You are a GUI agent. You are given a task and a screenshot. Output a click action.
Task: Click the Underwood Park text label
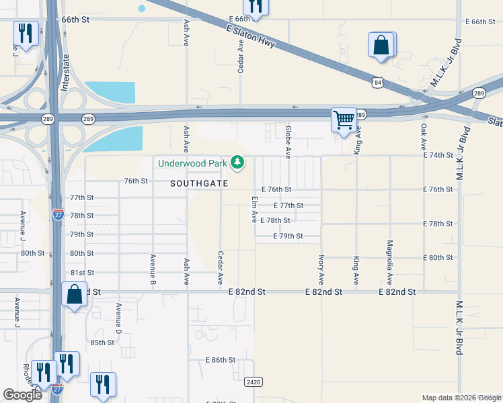pyautogui.click(x=193, y=163)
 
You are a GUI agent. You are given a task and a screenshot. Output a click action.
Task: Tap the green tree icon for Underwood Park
pyautogui.click(x=237, y=162)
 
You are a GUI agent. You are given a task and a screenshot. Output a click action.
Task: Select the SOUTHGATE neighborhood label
pyautogui.click(x=199, y=183)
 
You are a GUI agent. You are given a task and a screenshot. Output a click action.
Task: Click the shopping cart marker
pyautogui.click(x=344, y=121)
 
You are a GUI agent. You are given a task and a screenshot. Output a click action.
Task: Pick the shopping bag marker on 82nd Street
pyautogui.click(x=74, y=294)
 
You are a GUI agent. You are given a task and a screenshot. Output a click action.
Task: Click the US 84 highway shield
pyautogui.click(x=379, y=82)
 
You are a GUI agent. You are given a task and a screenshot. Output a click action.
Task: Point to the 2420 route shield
pyautogui.click(x=254, y=382)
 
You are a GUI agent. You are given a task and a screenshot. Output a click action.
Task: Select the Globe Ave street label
pyautogui.click(x=288, y=142)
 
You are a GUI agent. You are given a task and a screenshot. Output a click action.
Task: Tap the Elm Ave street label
pyautogui.click(x=254, y=210)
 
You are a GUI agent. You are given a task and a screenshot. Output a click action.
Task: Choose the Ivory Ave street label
pyautogui.click(x=321, y=269)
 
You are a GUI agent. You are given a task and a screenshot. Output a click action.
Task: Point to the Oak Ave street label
pyautogui.click(x=423, y=136)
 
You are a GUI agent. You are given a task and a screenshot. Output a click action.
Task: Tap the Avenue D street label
pyautogui.click(x=118, y=319)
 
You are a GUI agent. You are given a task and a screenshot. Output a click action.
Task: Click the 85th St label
pyautogui.click(x=103, y=343)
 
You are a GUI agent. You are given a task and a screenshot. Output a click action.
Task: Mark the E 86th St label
pyautogui.click(x=221, y=360)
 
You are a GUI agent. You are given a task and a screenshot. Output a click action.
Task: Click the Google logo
pyautogui.click(x=23, y=395)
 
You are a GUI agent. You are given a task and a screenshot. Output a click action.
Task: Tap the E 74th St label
pyautogui.click(x=439, y=155)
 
